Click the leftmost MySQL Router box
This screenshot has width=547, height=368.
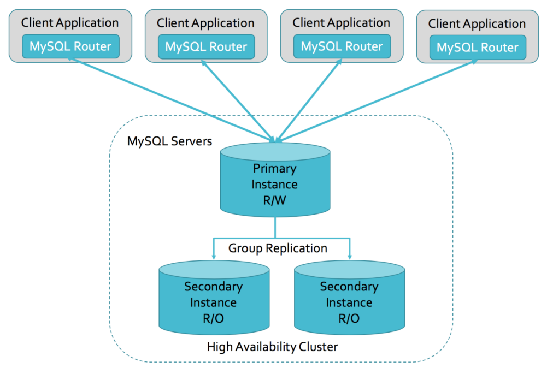tap(70, 46)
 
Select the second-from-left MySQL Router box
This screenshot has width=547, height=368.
tap(206, 47)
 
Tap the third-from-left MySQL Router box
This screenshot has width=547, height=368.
tap(342, 46)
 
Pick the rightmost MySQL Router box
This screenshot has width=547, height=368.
tap(477, 48)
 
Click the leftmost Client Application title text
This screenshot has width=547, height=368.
tap(70, 23)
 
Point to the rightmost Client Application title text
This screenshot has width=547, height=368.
tap(477, 24)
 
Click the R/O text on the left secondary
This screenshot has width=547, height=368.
tap(213, 318)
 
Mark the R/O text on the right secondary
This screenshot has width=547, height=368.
tap(349, 318)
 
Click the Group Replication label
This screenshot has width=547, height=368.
tap(278, 248)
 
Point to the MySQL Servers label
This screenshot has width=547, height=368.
tap(169, 141)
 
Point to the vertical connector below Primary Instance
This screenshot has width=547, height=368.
tap(275, 227)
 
